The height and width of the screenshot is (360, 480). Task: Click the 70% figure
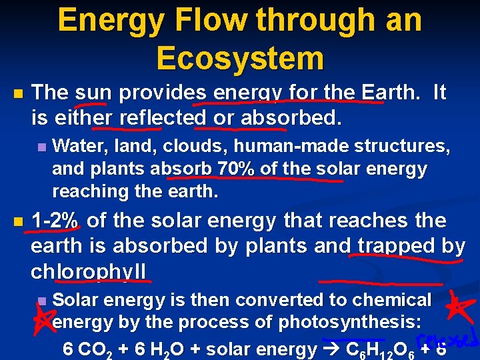[x=236, y=169]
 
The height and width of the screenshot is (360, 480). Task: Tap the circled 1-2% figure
[x=55, y=220]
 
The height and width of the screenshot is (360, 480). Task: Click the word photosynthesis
[x=349, y=323]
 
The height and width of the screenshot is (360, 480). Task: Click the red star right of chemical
[x=461, y=307]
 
